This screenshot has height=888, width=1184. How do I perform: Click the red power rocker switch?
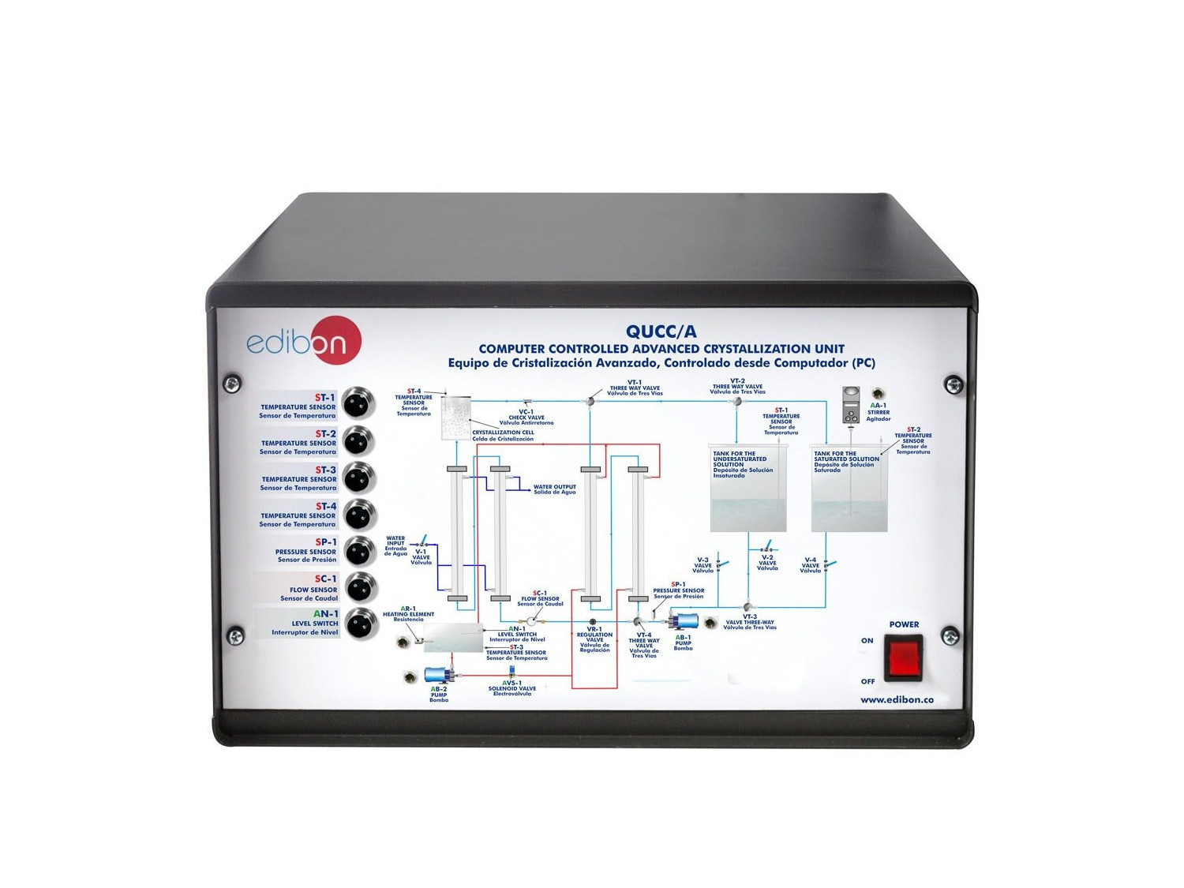pos(903,660)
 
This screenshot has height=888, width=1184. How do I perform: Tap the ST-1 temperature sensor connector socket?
pos(361,403)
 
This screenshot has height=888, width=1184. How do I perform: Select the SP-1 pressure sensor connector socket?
pos(361,550)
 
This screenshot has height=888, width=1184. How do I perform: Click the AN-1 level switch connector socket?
pos(361,623)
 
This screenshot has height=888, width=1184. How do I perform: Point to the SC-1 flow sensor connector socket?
pos(361,586)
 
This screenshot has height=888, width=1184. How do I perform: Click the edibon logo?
pos(304,341)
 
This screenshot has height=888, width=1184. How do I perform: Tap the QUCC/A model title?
pos(661,332)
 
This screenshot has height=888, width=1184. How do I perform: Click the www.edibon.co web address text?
pos(897,699)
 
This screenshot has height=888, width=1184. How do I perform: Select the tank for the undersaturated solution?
pos(748,488)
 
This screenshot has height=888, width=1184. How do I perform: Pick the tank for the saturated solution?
pos(849,488)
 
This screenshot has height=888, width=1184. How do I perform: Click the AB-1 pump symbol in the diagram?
pos(684,620)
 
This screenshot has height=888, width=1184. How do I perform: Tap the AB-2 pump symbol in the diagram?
pos(439,675)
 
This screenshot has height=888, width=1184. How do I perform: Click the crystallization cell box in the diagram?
pos(455,418)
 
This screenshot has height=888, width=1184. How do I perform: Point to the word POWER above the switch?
pos(904,624)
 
